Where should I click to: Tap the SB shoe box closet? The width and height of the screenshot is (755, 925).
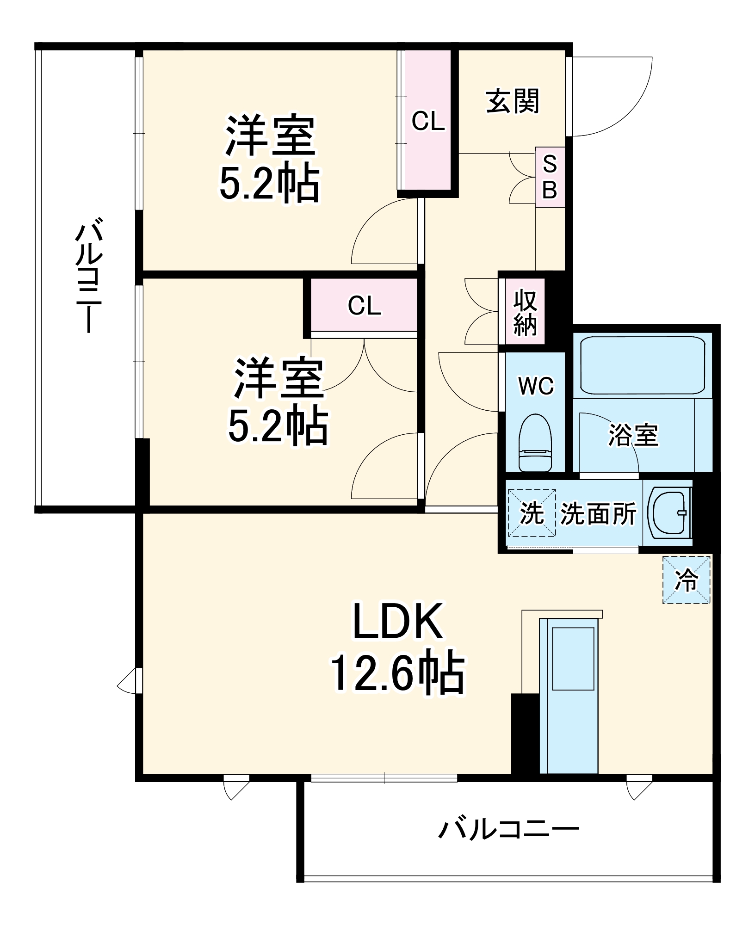(x=550, y=177)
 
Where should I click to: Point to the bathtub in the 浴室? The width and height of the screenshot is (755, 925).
(x=643, y=365)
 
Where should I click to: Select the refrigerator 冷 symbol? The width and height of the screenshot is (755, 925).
(x=687, y=580)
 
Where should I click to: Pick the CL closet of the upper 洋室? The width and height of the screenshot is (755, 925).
(x=428, y=121)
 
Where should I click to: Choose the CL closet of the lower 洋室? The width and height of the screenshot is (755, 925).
(x=365, y=305)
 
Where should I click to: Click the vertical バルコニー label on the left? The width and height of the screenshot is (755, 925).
(x=88, y=277)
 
